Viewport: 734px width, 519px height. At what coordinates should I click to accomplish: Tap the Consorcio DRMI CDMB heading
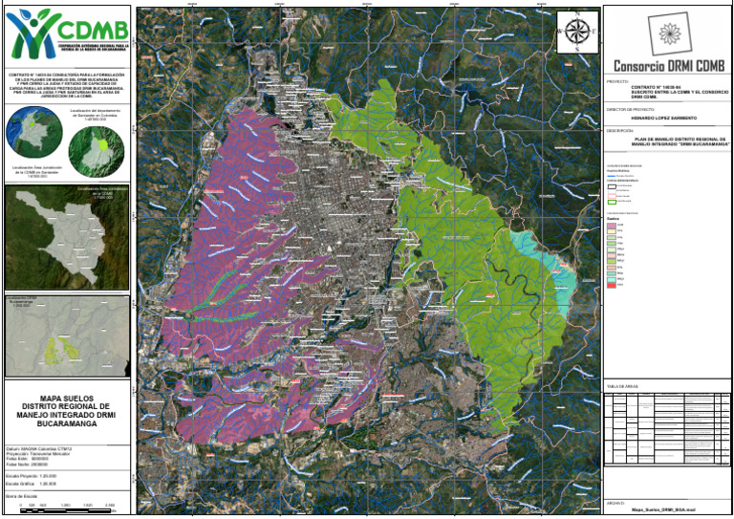coord(668,66)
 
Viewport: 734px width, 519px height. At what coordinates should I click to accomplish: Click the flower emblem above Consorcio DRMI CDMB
coord(668,33)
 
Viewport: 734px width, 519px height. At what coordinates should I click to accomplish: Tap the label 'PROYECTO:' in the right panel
coord(621,82)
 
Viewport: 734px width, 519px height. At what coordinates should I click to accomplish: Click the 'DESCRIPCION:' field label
coord(625,130)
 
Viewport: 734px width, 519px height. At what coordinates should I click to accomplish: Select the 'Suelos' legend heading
coord(615,218)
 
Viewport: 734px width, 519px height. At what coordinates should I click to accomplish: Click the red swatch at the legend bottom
coord(612,285)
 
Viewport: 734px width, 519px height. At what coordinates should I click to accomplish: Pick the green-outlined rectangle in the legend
coord(612,202)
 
